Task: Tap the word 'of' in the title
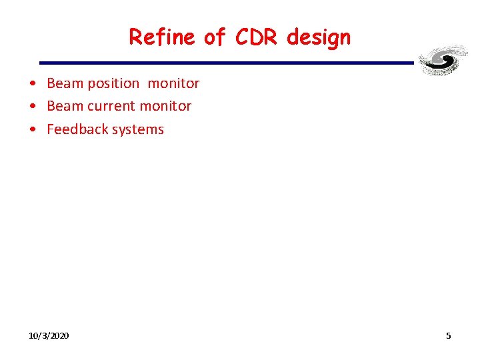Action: (215, 37)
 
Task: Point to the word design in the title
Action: (318, 38)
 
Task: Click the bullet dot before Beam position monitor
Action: (32, 84)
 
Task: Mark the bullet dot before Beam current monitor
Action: (32, 107)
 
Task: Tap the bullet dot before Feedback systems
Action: (32, 130)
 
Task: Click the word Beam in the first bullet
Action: (65, 83)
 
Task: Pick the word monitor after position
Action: (173, 83)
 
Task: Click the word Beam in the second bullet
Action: (65, 106)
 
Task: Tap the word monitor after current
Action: (165, 106)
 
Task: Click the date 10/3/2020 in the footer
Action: (49, 335)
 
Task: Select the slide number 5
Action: (449, 335)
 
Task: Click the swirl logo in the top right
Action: (442, 61)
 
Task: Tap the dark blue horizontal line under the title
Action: (227, 63)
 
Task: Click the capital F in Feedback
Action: (50, 129)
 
